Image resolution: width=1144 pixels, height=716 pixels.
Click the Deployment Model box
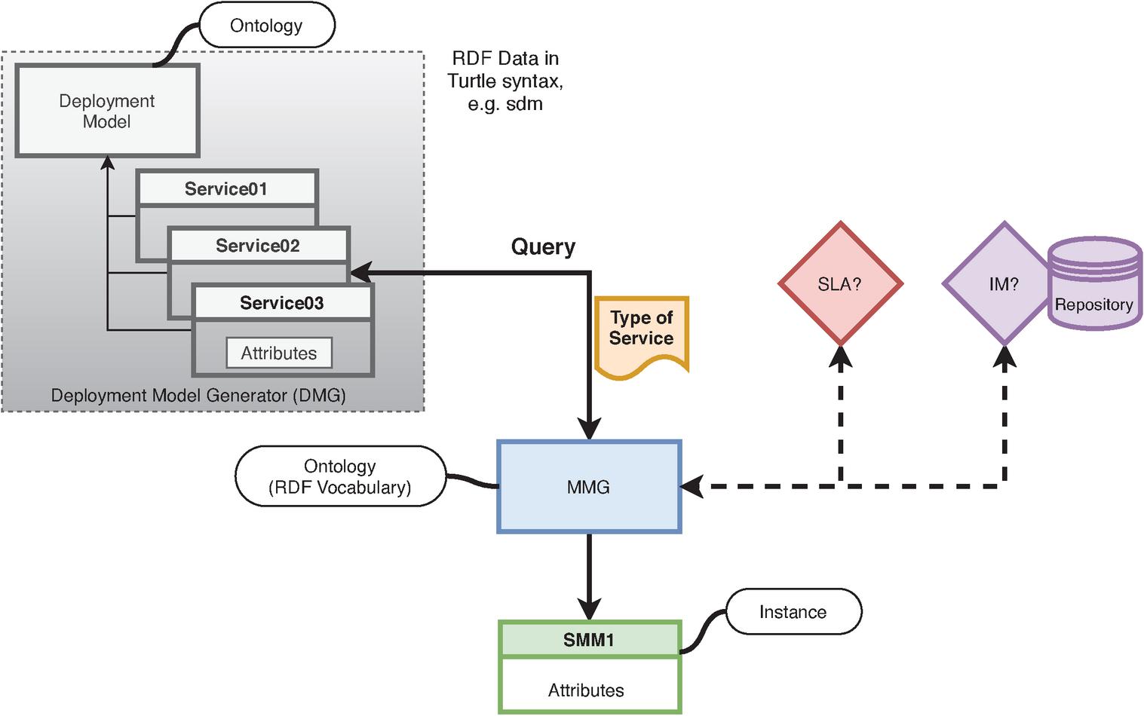(107, 111)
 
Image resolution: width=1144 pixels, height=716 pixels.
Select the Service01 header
(226, 188)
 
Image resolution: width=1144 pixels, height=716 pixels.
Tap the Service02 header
(258, 246)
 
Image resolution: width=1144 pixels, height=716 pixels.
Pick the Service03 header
(282, 303)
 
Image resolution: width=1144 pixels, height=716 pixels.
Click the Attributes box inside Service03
(279, 353)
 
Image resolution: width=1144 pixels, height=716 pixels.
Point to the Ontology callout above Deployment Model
(266, 26)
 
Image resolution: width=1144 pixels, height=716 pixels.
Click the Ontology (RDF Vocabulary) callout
(340, 476)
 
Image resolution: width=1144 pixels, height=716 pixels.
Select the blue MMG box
(588, 487)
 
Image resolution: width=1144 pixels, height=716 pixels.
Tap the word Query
(543, 246)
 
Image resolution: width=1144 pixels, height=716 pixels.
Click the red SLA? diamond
(839, 284)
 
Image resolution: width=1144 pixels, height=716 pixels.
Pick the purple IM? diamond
(1003, 284)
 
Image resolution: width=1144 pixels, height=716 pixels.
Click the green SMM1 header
(589, 640)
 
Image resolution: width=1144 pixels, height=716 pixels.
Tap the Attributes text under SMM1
(586, 690)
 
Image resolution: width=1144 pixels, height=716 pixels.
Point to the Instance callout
(793, 612)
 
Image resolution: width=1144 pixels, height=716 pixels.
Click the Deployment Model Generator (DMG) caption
(198, 395)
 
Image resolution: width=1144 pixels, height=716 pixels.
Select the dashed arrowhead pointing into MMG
(692, 487)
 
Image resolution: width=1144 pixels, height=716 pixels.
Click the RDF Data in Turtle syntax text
(505, 81)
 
